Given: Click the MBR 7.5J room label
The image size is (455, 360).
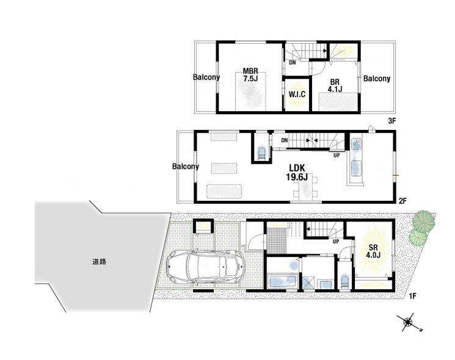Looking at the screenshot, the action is tap(250, 75).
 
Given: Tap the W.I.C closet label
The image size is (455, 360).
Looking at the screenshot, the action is tap(297, 94).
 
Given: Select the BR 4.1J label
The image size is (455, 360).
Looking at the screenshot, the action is tap(335, 85).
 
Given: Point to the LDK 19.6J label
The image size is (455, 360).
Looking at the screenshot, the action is tap(297, 172).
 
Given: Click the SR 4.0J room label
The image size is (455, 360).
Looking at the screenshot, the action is tap(373, 251).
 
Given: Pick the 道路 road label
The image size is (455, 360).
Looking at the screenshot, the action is tap(100, 262).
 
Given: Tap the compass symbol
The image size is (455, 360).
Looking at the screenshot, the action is tap(409, 322).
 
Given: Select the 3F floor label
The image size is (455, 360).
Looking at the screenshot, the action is tap(392, 121).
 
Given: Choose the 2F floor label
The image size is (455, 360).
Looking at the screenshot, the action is tap(402, 200).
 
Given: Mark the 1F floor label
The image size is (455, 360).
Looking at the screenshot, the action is tap(413, 296).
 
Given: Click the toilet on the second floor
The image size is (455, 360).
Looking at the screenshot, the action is tap(262, 153).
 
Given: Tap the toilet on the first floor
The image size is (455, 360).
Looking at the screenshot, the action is tap(344, 280).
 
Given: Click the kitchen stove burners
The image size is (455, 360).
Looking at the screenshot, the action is tap(357, 144).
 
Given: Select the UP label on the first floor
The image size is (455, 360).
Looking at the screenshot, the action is tap(336, 241).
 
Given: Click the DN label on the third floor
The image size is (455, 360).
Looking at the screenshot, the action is tap(292, 62).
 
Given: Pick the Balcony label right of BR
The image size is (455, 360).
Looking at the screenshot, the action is tap(377, 78).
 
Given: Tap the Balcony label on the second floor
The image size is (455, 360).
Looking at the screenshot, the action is tap(186, 167).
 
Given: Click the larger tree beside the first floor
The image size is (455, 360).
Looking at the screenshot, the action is tap(424, 220).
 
